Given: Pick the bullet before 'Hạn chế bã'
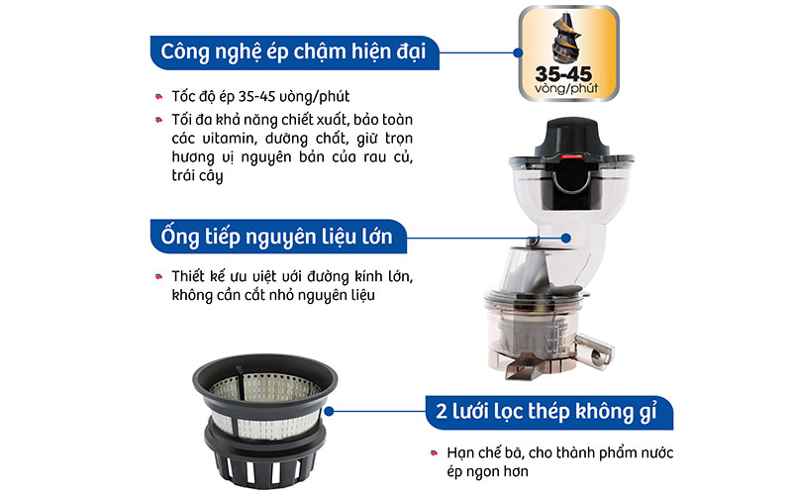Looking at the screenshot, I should (436, 453).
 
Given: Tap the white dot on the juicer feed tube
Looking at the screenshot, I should (564, 239).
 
